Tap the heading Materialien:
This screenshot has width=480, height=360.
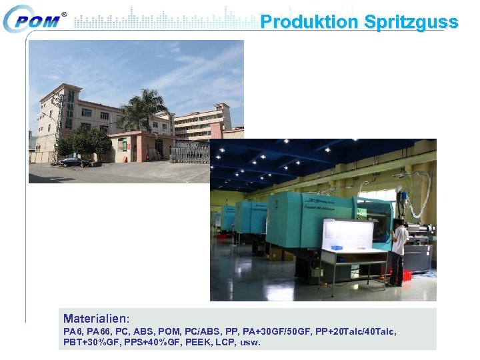pos(96,319)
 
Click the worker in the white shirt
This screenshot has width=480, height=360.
pos(398,250)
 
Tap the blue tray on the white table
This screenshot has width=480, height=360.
pos(337,248)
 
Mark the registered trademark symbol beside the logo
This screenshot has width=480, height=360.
pos(64,14)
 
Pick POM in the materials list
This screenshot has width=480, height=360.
pos(169,331)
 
